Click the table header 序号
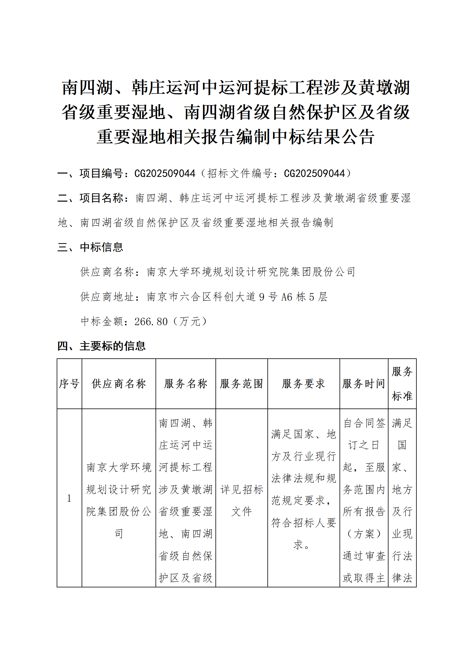point(69,384)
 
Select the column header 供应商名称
point(119,384)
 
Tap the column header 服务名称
point(185,384)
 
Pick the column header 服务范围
point(242,384)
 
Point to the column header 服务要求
point(303,384)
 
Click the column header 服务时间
point(364,384)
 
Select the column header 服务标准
point(402,384)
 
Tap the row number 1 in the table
point(69,498)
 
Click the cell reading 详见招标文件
point(242,500)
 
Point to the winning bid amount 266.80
point(151,322)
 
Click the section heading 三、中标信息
point(90,247)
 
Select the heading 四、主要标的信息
point(101,346)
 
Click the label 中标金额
point(102,322)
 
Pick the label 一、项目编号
point(90,173)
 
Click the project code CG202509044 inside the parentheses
point(314,173)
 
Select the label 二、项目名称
point(90,198)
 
